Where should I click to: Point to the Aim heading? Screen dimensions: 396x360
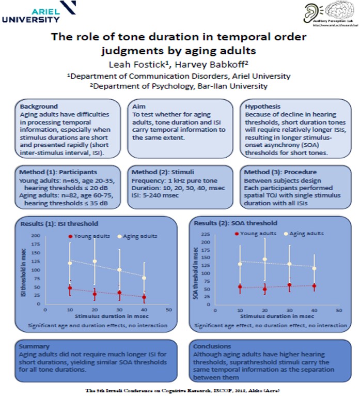coord(138,106)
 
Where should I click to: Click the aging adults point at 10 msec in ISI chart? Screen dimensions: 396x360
coord(70,264)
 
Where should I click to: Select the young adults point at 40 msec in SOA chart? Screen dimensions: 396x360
coord(314,286)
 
